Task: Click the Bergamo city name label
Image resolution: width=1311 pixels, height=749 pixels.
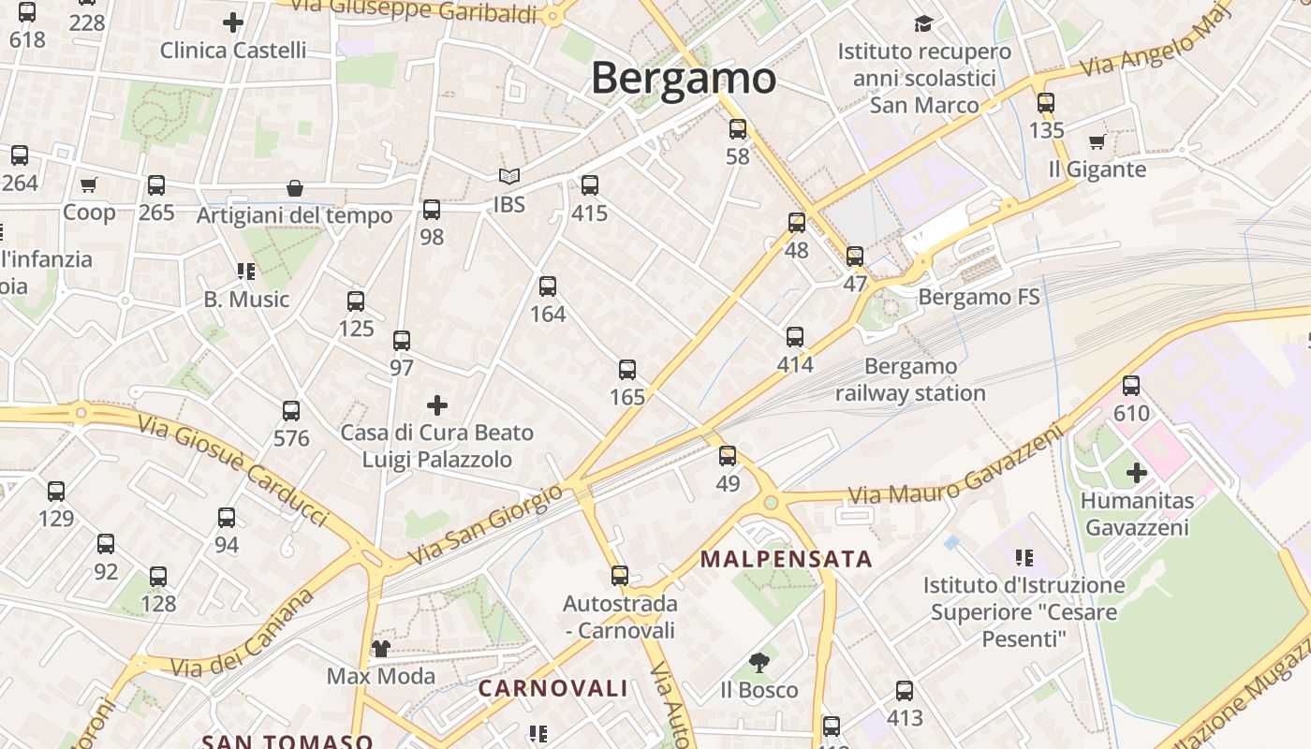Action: click(x=683, y=78)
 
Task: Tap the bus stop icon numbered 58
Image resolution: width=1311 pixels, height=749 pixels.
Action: click(x=738, y=129)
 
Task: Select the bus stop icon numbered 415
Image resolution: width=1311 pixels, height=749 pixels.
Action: click(x=589, y=185)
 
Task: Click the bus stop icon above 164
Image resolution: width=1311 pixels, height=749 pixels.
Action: click(x=548, y=286)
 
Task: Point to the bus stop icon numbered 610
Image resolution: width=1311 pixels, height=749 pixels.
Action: click(x=1131, y=385)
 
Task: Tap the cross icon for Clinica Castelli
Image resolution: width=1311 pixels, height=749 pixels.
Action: click(x=233, y=22)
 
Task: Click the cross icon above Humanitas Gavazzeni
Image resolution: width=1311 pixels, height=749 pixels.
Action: click(x=1136, y=473)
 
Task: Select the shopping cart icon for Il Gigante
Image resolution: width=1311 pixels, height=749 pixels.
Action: click(x=1097, y=142)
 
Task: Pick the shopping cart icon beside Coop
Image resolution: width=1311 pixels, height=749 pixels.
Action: click(x=88, y=184)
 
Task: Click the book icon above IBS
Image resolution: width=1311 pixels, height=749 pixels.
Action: click(x=508, y=176)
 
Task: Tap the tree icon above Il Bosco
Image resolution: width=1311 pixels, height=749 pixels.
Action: click(x=759, y=663)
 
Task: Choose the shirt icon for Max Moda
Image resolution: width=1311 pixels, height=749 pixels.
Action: click(x=381, y=648)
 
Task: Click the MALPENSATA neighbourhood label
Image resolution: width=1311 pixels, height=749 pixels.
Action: click(x=786, y=560)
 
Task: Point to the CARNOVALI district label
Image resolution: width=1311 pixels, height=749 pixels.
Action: click(x=552, y=689)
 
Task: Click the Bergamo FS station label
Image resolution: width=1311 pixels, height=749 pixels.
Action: click(x=979, y=297)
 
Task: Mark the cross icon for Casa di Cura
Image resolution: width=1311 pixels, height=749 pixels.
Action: click(x=437, y=405)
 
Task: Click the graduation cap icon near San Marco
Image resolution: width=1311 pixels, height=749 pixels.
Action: click(x=924, y=23)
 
